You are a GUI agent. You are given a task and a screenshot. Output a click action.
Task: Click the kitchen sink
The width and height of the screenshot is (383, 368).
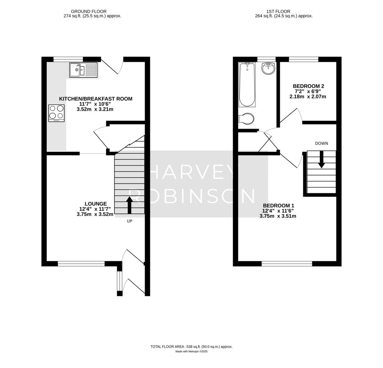(x=83, y=70)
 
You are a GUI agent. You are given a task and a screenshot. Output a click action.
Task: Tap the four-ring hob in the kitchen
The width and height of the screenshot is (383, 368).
(x=56, y=113)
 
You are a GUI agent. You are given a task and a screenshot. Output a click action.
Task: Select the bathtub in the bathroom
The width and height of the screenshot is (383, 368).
(x=247, y=85)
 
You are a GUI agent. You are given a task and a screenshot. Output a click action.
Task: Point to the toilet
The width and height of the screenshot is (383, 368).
(x=246, y=119)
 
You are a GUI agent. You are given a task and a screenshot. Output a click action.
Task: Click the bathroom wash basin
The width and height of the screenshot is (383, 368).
(x=268, y=68)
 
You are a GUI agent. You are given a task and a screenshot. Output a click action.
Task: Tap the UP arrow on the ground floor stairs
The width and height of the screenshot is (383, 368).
(x=129, y=205)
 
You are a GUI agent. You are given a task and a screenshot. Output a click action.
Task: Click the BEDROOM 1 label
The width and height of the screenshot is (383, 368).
(x=279, y=205)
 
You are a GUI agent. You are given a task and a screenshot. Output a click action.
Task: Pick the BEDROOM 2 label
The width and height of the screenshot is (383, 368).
(x=308, y=86)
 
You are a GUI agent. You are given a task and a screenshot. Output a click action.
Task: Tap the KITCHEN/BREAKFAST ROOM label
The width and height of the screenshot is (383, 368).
(x=96, y=99)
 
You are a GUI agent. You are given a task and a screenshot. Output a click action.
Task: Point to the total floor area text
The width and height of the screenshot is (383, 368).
(x=191, y=347)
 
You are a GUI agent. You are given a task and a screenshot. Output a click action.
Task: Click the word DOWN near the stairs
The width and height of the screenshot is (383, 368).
(x=321, y=143)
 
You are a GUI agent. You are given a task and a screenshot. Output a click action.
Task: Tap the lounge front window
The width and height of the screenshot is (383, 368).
(x=81, y=264)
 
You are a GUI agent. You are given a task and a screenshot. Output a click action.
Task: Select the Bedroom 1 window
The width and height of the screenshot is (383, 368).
(x=287, y=264)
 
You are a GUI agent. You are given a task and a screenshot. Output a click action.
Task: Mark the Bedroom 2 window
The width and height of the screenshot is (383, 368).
(x=303, y=59)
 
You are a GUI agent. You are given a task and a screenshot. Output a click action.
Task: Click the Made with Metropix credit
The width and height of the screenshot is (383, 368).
(x=191, y=352)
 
